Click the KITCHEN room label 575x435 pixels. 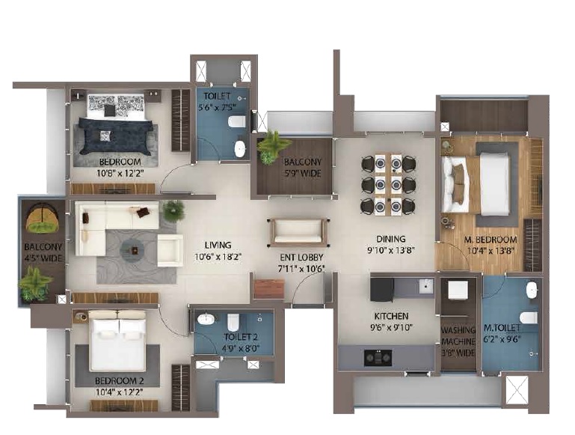point(391,316)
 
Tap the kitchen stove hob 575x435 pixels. point(378,358)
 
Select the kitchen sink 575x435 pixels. point(426,285)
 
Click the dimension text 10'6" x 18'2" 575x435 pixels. point(218,257)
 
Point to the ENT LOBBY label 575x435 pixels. point(301,258)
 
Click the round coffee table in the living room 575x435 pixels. point(135,251)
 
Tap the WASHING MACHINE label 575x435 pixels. point(458,335)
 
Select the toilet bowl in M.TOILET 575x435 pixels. point(529,317)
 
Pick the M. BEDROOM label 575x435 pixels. point(491,240)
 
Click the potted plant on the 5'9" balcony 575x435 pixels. point(271,147)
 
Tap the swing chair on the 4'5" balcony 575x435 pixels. point(42,219)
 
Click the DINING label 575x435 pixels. point(391,240)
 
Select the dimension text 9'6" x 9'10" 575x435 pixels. point(391,327)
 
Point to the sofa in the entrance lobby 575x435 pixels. point(298,233)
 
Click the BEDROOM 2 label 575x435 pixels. point(119,381)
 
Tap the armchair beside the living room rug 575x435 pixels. point(170,250)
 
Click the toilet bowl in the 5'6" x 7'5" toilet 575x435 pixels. point(236,121)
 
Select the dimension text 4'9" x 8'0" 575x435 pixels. point(241,348)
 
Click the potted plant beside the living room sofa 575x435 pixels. point(173,210)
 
